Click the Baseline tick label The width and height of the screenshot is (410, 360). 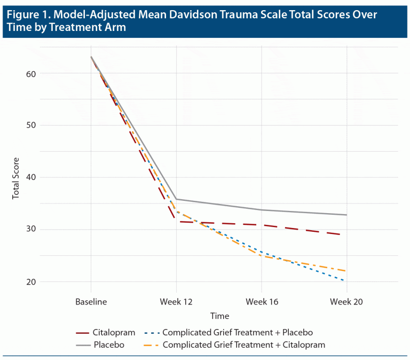[x=91, y=302]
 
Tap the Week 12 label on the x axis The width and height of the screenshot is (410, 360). [x=176, y=302]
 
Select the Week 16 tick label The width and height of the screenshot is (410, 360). [x=262, y=302]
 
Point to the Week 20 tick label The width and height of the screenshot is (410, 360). [x=346, y=302]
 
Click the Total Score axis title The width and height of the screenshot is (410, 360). [x=16, y=178]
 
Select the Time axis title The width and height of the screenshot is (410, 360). [x=219, y=316]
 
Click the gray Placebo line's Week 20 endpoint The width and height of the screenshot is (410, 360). [x=346, y=215]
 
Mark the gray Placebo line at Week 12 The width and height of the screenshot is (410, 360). [x=176, y=199]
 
